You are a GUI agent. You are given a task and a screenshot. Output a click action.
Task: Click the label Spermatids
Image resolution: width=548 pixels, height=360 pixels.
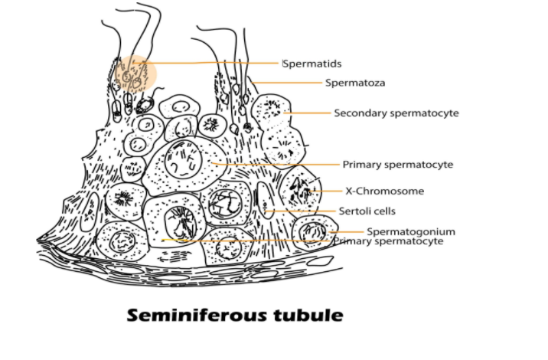[x=312, y=63]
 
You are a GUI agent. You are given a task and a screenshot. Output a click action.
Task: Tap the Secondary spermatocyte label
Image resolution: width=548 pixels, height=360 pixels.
[x=396, y=113]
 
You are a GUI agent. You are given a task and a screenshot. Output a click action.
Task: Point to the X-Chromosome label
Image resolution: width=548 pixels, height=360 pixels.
[x=385, y=191]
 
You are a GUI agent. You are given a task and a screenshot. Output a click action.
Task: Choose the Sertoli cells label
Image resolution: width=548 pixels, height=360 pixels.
[x=367, y=211]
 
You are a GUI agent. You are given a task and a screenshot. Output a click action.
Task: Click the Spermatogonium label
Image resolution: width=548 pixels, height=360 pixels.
[x=411, y=231]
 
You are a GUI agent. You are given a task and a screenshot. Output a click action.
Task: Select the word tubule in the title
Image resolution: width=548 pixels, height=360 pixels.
[x=305, y=316]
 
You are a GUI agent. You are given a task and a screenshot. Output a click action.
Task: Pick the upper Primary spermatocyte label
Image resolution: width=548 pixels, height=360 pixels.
[x=398, y=165]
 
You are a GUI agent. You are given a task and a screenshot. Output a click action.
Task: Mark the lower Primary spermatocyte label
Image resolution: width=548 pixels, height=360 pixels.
[x=389, y=241]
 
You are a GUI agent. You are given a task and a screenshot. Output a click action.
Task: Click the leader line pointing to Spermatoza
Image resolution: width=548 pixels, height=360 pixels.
[x=291, y=83]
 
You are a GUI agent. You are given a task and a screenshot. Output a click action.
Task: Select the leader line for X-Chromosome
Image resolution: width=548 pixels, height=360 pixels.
[x=330, y=191]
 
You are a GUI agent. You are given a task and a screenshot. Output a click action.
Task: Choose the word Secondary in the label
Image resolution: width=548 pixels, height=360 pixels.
[x=358, y=113]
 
